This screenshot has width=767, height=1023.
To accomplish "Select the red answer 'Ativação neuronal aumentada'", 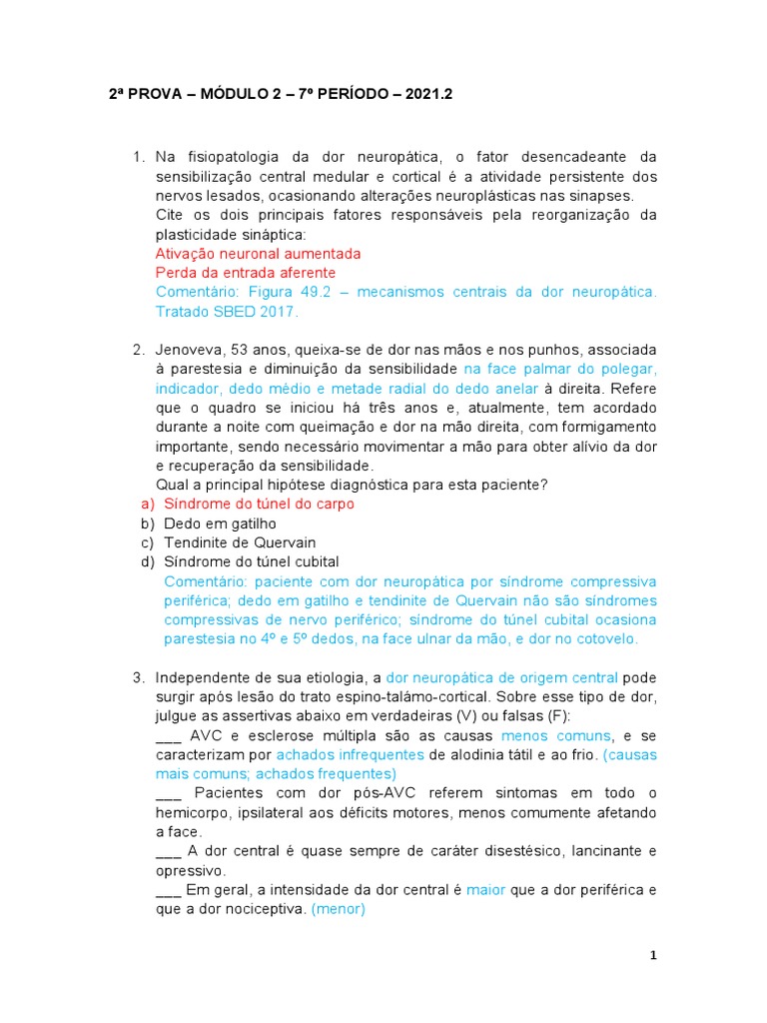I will pos(259,254).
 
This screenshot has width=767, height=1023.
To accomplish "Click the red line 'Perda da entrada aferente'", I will pos(246,273).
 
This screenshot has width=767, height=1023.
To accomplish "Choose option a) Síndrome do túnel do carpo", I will pos(259,504).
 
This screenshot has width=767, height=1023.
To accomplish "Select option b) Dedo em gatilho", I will pos(220,523).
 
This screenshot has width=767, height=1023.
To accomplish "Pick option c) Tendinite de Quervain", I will pos(240,542).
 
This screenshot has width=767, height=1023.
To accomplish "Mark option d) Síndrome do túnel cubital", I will pos(252,561).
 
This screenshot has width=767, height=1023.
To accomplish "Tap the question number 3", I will pos(139,678).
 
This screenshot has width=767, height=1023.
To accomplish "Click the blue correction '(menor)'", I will pos(339,908).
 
